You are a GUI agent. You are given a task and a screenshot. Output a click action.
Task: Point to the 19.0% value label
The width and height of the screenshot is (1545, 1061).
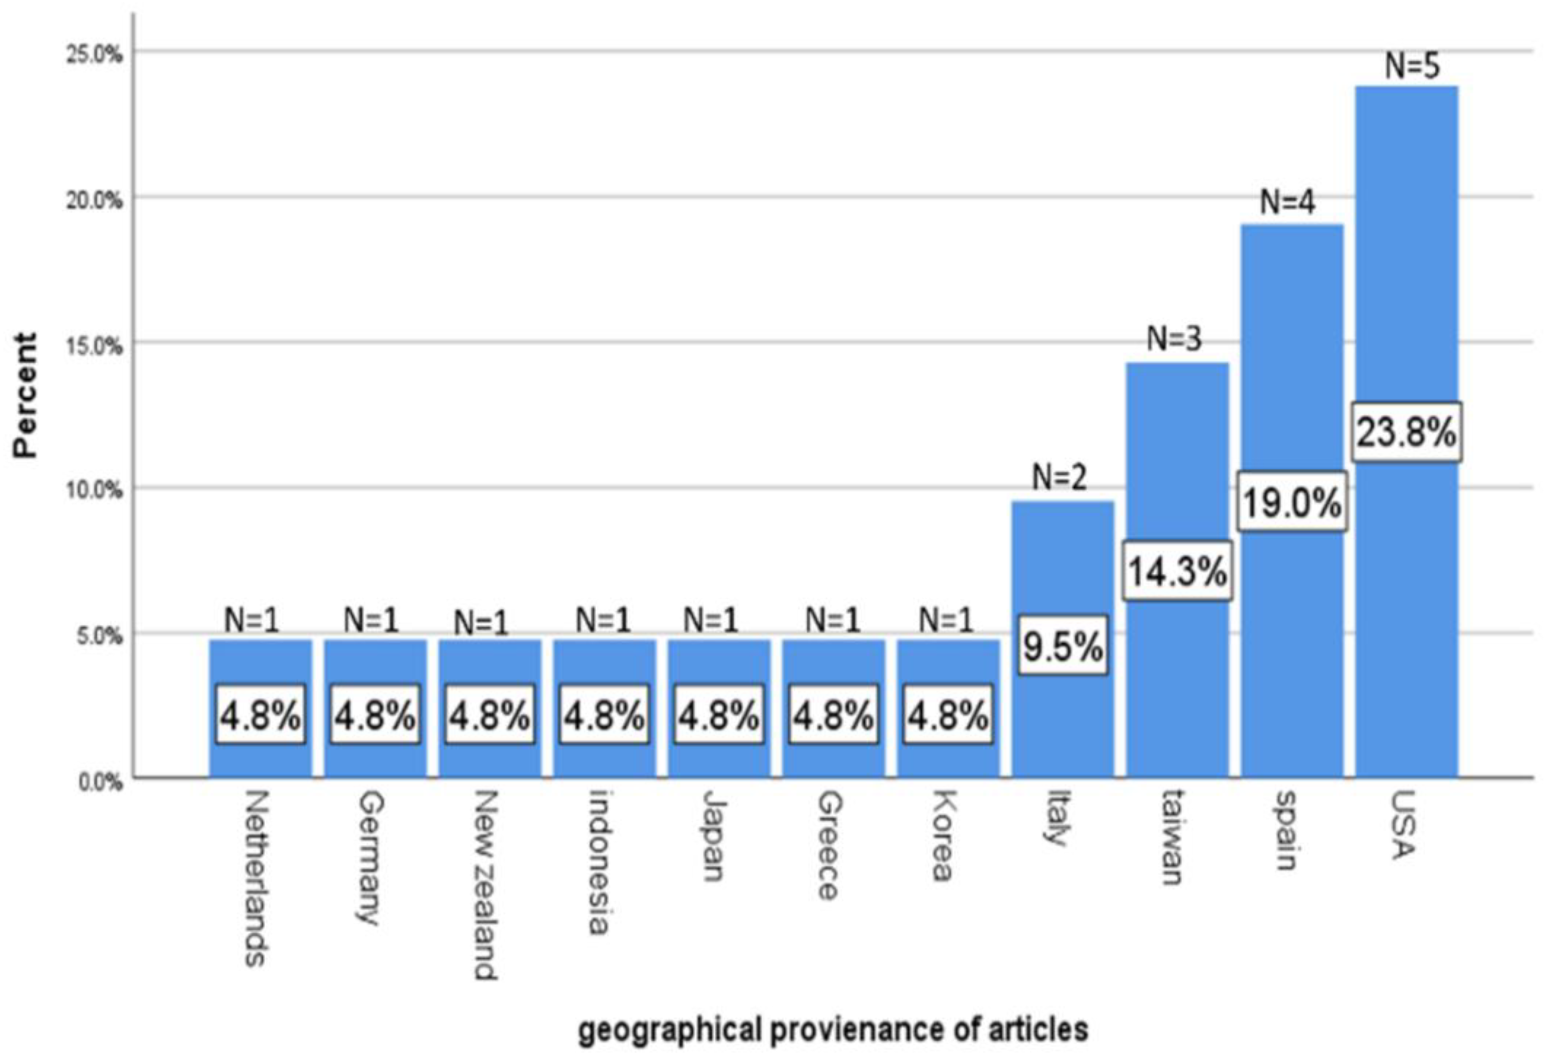tap(1292, 502)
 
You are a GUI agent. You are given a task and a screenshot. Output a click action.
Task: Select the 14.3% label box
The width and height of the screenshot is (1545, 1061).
tap(1177, 571)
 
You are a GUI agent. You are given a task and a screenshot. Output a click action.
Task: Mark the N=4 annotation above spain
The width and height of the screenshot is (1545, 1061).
tap(1287, 202)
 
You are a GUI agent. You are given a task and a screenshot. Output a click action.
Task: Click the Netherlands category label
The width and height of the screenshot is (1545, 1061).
tap(257, 877)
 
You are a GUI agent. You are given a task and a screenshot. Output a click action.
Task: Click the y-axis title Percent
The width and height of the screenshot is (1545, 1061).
tap(25, 395)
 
